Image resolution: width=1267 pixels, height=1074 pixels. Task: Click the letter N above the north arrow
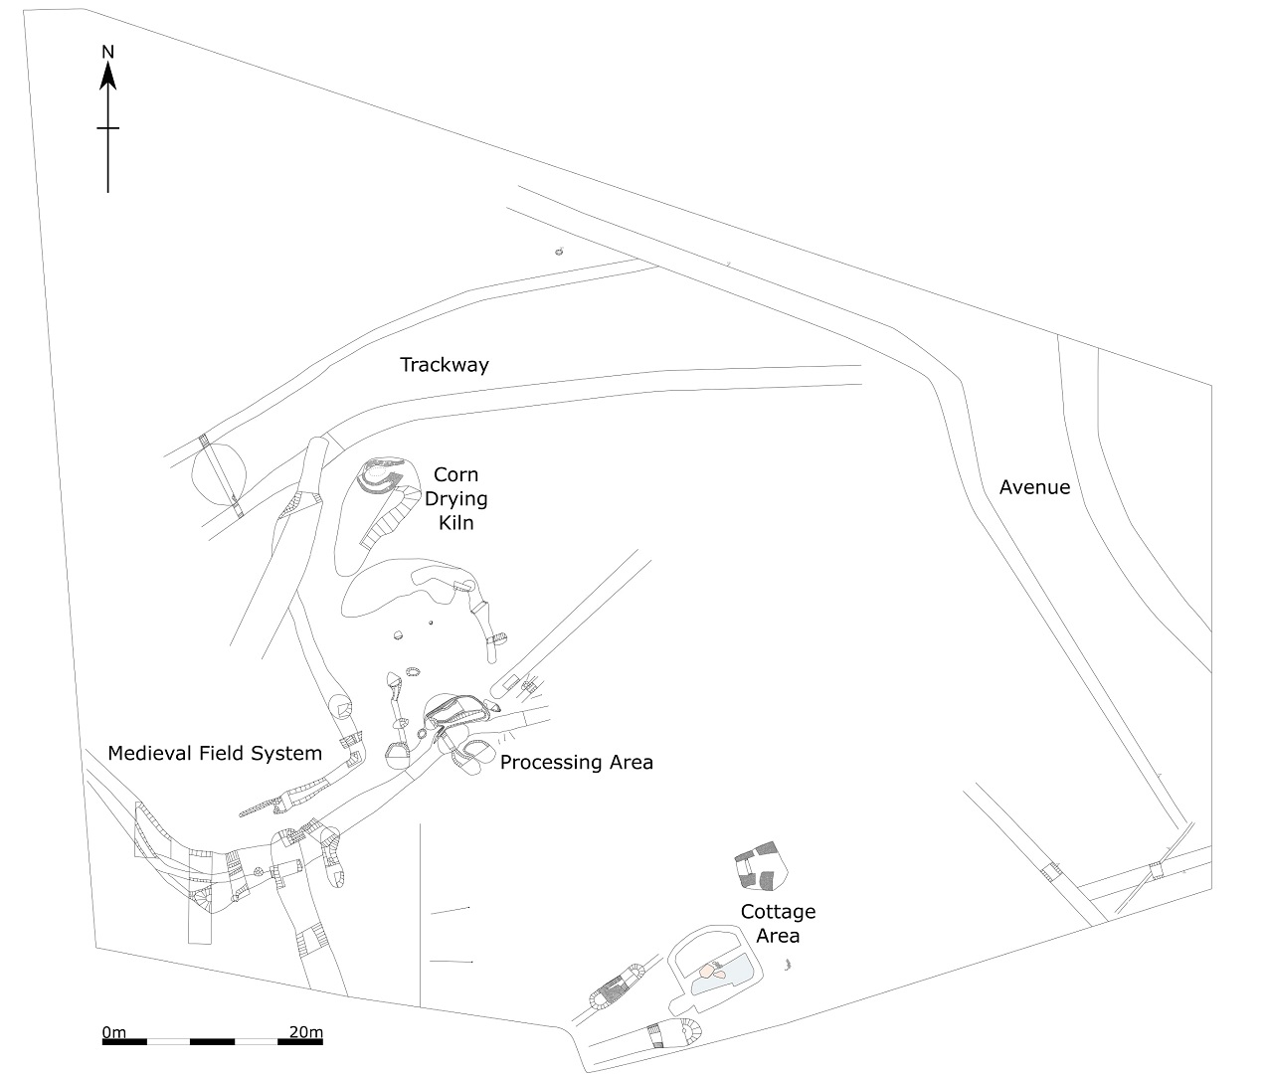(108, 52)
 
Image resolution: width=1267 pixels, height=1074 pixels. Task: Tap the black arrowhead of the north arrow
(108, 76)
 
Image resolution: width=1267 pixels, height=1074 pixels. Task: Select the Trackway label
(445, 365)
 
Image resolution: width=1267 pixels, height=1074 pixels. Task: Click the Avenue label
(1034, 487)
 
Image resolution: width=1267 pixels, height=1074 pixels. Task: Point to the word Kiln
(456, 522)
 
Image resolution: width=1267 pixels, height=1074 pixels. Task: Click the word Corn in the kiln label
(456, 475)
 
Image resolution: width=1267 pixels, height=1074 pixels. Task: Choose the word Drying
(456, 499)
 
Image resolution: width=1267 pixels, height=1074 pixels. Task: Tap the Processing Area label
(576, 763)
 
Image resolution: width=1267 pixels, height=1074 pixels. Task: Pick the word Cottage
(778, 912)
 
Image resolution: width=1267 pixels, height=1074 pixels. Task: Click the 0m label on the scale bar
(115, 1032)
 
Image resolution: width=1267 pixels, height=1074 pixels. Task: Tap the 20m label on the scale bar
(306, 1032)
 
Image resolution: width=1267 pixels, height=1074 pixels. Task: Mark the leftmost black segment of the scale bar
(124, 1042)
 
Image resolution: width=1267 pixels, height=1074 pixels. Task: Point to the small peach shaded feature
(708, 971)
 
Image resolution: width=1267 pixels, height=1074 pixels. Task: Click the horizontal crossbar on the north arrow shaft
(108, 128)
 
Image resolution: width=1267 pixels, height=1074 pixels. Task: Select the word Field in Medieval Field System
(221, 753)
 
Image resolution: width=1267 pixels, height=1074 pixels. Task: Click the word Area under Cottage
(778, 936)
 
